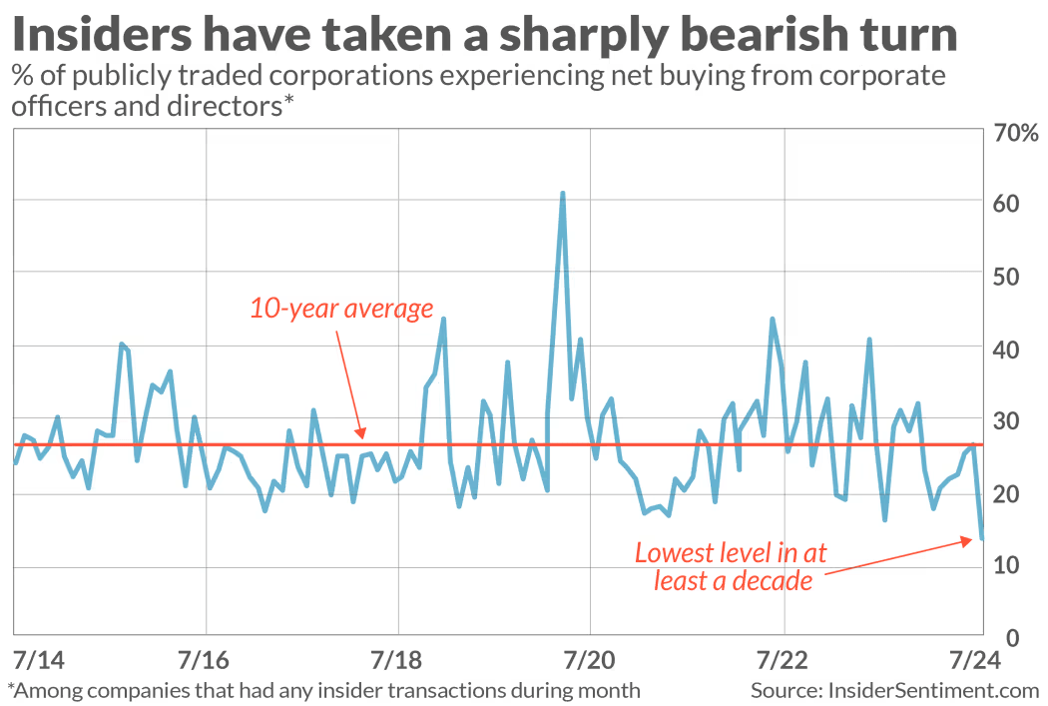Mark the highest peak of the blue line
(563, 194)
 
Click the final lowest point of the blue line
(982, 539)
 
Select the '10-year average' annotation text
(341, 308)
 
